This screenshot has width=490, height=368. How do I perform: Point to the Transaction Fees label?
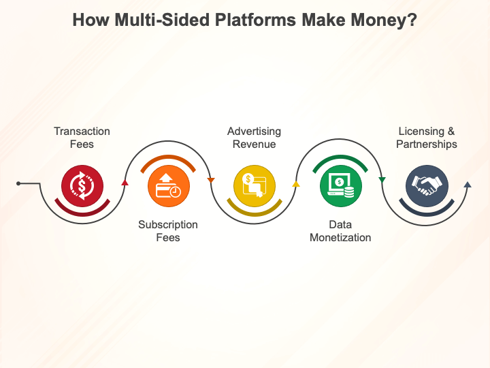(82, 138)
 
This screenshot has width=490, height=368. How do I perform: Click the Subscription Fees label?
(168, 231)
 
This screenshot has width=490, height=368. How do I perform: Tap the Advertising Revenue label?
(255, 138)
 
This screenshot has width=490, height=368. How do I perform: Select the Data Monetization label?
(340, 231)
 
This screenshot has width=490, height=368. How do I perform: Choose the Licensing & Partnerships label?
(427, 138)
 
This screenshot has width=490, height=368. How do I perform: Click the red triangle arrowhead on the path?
(125, 183)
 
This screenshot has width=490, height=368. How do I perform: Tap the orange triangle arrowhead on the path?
(211, 181)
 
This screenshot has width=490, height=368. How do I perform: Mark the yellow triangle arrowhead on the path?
(296, 184)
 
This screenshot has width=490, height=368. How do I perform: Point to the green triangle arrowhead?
(382, 180)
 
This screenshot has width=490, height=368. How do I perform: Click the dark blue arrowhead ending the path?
(467, 184)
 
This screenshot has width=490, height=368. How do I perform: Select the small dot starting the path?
(18, 183)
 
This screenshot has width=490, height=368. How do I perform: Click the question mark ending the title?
(413, 21)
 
